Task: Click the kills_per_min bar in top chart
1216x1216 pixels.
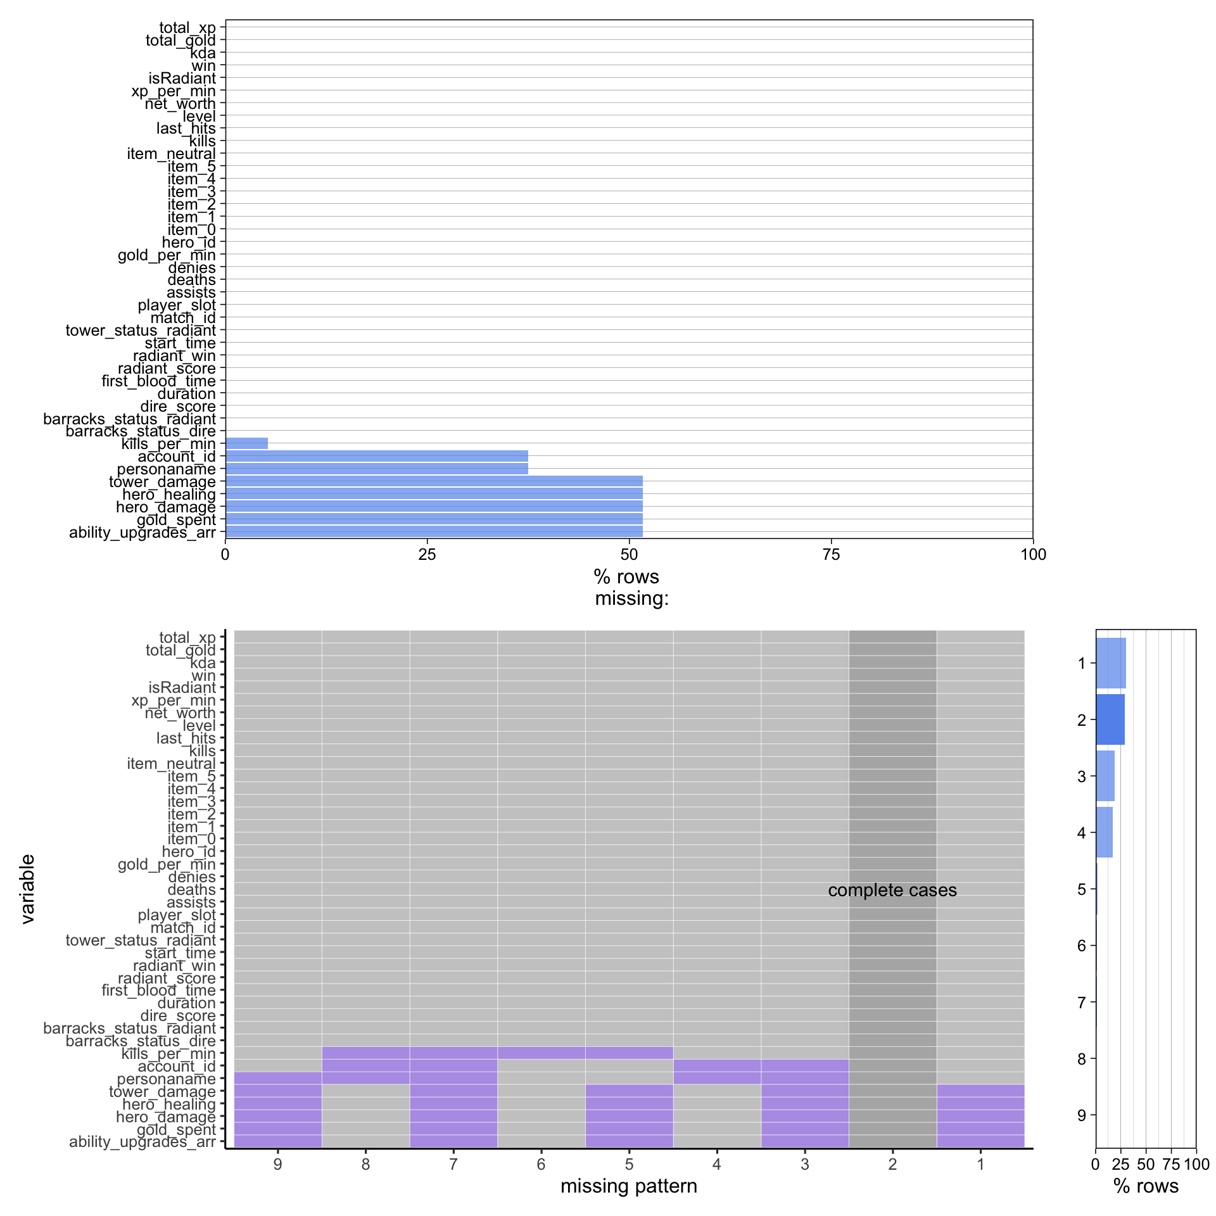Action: point(246,443)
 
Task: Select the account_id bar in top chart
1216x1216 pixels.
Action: point(376,456)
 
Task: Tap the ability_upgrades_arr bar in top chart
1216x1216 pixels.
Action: point(434,531)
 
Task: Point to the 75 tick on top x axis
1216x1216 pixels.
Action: point(831,555)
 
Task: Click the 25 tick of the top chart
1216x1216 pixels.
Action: point(427,555)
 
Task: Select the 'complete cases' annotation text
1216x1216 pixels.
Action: point(892,890)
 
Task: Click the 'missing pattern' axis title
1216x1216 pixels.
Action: point(628,1186)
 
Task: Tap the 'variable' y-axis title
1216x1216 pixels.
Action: point(27,889)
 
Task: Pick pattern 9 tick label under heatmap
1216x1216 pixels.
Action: point(277,1164)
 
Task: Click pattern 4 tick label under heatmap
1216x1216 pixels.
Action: point(716,1164)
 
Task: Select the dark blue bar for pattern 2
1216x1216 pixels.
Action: point(1110,719)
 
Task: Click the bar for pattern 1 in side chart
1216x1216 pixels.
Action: point(1110,663)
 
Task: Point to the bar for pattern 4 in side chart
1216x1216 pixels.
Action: point(1104,832)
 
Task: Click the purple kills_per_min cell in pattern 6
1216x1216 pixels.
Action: point(541,1053)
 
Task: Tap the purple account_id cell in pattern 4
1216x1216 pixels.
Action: point(716,1066)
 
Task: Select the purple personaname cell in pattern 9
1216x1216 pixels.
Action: point(277,1079)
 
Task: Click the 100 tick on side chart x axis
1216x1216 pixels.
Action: point(1196,1164)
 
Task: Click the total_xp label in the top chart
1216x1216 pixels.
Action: point(187,27)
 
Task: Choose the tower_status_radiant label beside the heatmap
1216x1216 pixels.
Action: point(141,940)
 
